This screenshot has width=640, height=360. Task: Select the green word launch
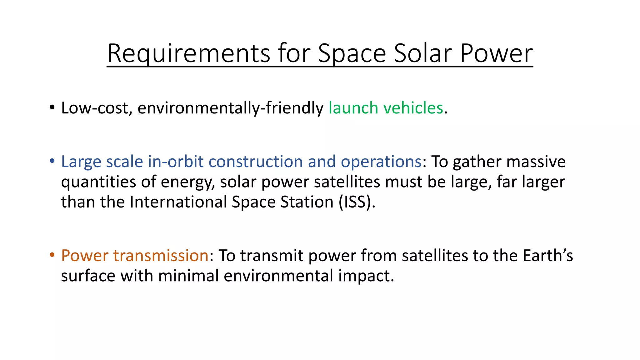click(x=353, y=108)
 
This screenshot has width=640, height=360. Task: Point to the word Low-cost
click(x=95, y=108)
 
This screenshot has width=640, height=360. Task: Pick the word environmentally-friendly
click(x=230, y=108)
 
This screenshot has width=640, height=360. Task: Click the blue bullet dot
click(x=52, y=162)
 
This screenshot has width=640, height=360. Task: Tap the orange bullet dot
click(x=52, y=255)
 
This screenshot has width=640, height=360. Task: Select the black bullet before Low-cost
click(x=52, y=108)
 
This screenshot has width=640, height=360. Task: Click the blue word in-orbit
click(x=176, y=162)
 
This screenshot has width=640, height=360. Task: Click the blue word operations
click(x=381, y=162)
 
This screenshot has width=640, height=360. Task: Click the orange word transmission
click(x=161, y=255)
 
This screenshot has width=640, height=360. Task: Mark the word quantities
click(x=98, y=182)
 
